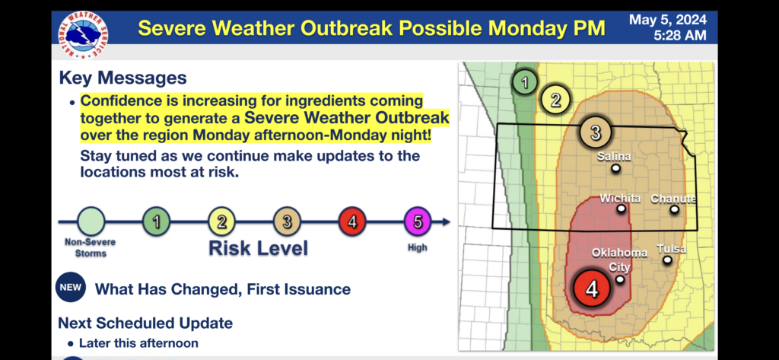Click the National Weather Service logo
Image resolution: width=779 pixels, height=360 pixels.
coord(84,35)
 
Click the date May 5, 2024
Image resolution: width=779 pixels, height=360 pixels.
coord(668,20)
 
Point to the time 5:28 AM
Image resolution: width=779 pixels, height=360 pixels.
coord(679,35)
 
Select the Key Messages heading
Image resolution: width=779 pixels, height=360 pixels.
coord(122,78)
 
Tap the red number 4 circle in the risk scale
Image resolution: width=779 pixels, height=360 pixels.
coord(352,221)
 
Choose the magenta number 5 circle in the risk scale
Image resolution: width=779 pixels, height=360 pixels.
coord(418,221)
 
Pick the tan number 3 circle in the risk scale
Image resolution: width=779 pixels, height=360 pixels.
coord(287,221)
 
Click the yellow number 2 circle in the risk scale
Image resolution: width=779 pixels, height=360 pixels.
coord(221,221)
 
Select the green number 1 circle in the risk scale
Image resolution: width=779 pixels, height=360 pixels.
coord(157,221)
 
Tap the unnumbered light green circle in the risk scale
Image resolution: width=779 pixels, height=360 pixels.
coord(91,221)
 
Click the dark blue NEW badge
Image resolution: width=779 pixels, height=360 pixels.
coord(71,288)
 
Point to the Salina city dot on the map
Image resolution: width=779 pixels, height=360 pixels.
coord(615,168)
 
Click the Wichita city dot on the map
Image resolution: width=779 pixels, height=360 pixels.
coord(621,209)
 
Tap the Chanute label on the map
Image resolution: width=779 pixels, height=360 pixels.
coord(673,199)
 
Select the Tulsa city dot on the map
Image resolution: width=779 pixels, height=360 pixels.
coord(667,260)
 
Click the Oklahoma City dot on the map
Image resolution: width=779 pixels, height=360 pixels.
coord(620,279)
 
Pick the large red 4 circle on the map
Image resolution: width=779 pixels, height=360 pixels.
coord(592,288)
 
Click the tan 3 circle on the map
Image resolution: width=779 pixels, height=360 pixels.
coord(595,132)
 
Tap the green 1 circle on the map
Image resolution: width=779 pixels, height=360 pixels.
coord(525,82)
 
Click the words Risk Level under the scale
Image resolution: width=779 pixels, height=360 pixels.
coord(259,248)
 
